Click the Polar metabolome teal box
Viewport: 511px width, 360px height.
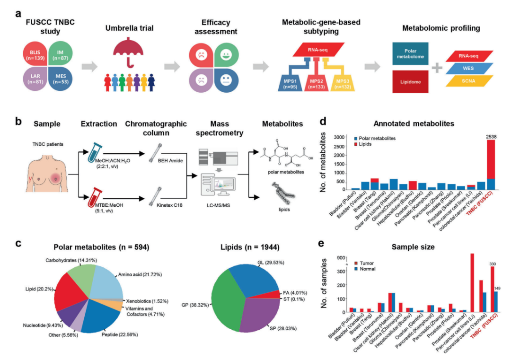(410, 53)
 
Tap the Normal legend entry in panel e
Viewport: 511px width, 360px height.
(365, 269)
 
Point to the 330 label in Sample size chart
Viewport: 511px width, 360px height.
(493, 263)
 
